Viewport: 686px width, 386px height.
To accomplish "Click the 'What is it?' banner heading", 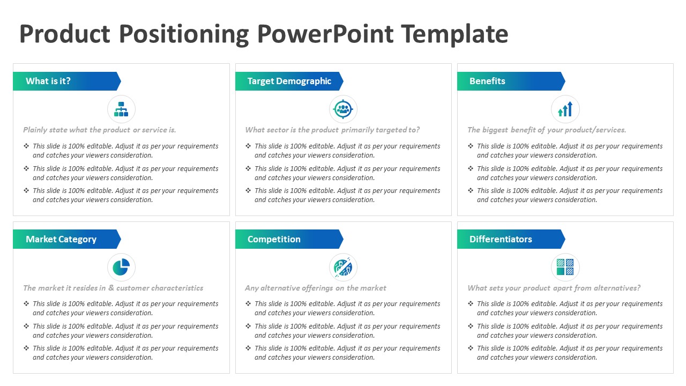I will [48, 81].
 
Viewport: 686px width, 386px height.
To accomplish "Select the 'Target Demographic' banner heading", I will [289, 81].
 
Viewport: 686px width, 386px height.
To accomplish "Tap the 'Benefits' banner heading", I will [487, 81].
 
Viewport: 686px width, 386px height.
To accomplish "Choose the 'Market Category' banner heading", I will [61, 239].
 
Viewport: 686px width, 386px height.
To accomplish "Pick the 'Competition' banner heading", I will [274, 239].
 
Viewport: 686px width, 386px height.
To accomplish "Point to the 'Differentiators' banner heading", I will [501, 239].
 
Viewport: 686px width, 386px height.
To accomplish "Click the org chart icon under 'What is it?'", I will [121, 109].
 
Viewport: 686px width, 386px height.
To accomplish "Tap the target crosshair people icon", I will [343, 109].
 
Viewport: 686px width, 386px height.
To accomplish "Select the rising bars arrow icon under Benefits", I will [565, 109].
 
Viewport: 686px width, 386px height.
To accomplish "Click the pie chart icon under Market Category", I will [121, 267].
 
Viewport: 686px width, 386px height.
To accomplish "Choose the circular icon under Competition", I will [343, 267].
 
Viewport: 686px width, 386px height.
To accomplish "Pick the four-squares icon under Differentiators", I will [565, 267].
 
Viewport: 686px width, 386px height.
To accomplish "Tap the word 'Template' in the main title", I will [454, 34].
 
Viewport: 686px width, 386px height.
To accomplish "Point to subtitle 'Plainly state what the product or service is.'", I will [100, 130].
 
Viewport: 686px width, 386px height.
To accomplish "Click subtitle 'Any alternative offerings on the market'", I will [316, 288].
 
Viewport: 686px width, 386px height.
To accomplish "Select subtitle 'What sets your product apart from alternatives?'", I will [554, 288].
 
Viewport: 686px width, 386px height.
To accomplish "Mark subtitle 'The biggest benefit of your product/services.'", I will [547, 130].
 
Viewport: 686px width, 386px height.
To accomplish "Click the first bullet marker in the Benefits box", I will [471, 146].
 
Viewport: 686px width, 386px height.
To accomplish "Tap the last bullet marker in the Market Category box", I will [26, 348].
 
